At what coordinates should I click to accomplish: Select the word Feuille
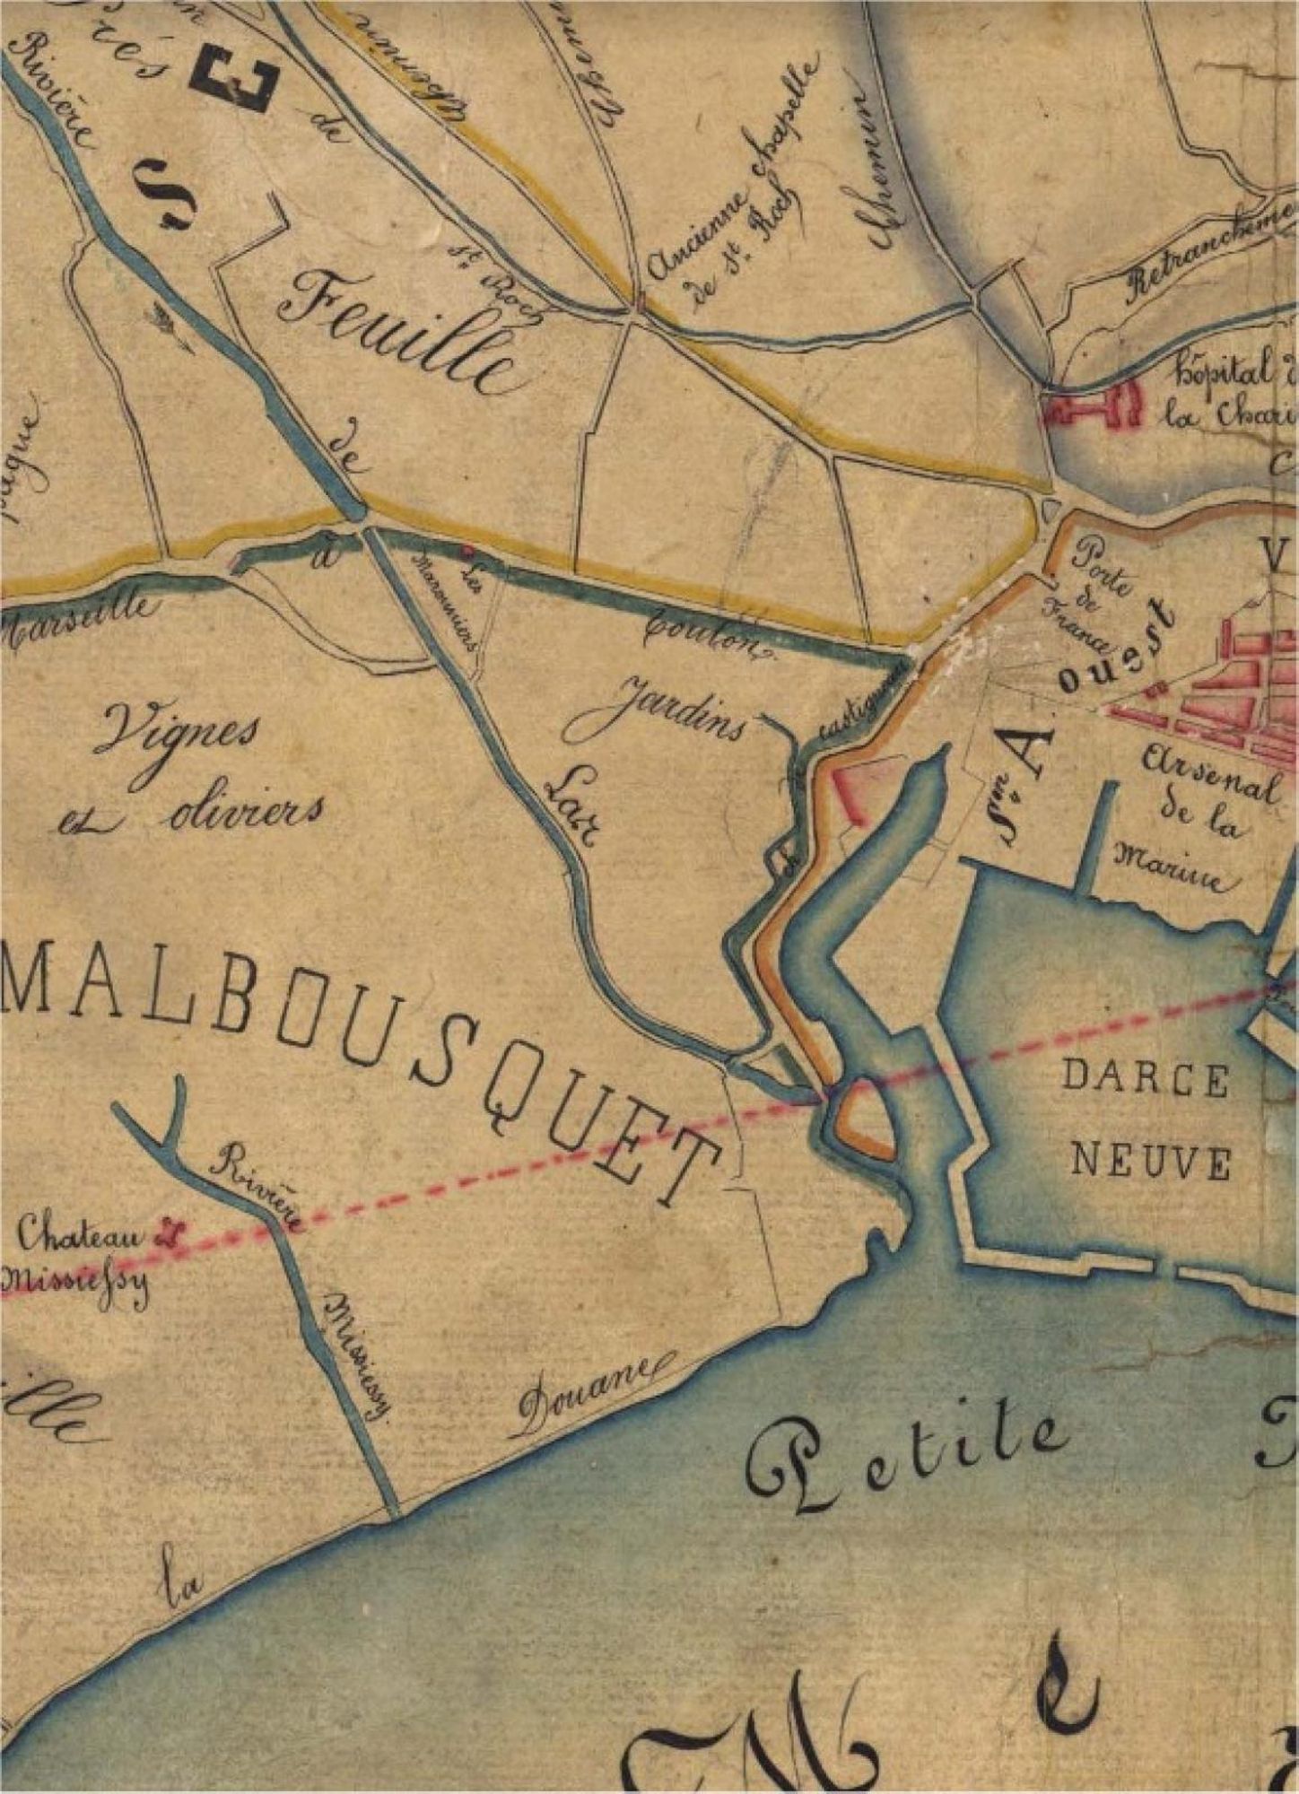[399, 332]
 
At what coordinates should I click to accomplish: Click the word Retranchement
[1207, 250]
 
